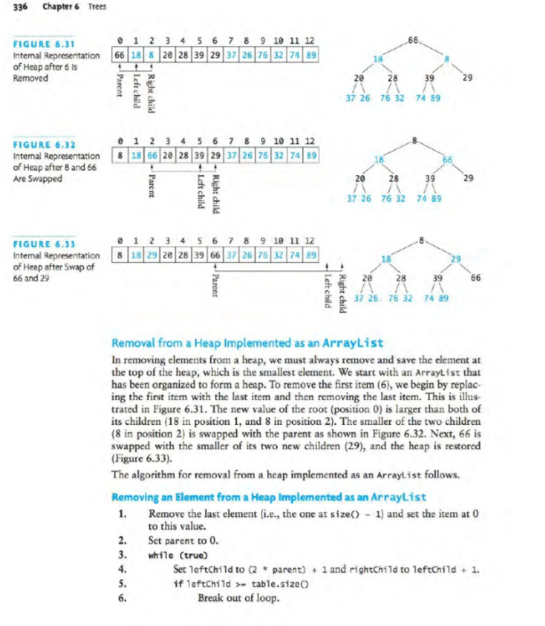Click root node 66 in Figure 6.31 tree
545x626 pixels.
(x=413, y=38)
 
